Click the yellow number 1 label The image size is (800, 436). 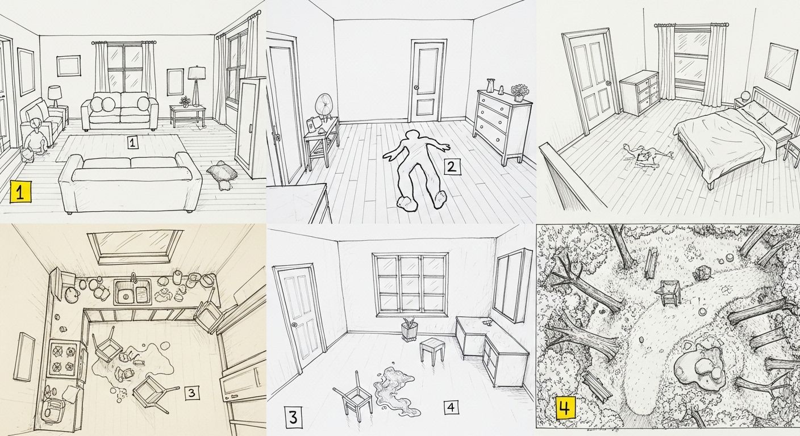[20, 192]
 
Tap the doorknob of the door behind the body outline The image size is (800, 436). [416, 87]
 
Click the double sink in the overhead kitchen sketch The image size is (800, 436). [132, 292]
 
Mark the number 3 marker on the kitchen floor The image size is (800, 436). [191, 392]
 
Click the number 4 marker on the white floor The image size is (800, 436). [451, 406]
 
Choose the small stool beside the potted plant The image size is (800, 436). [432, 350]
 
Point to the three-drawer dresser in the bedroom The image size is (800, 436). [639, 93]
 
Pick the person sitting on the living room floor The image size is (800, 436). [34, 139]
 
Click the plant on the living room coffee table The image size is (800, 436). [185, 102]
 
